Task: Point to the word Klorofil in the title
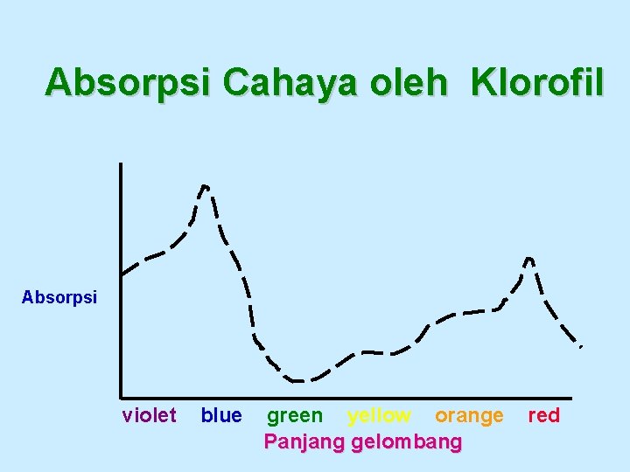(536, 82)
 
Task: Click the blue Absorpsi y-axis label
(59, 297)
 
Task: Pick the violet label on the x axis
(149, 415)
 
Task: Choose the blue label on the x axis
(221, 415)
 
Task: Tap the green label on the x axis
(294, 415)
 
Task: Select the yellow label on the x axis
(379, 415)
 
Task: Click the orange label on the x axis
(469, 415)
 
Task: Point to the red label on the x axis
(543, 415)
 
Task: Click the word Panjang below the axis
(304, 442)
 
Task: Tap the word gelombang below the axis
(406, 442)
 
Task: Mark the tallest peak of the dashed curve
(205, 185)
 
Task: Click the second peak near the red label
(528, 258)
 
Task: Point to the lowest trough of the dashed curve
(297, 381)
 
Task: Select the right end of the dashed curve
(580, 347)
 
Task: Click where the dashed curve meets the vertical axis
(122, 274)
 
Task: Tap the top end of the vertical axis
(121, 164)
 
